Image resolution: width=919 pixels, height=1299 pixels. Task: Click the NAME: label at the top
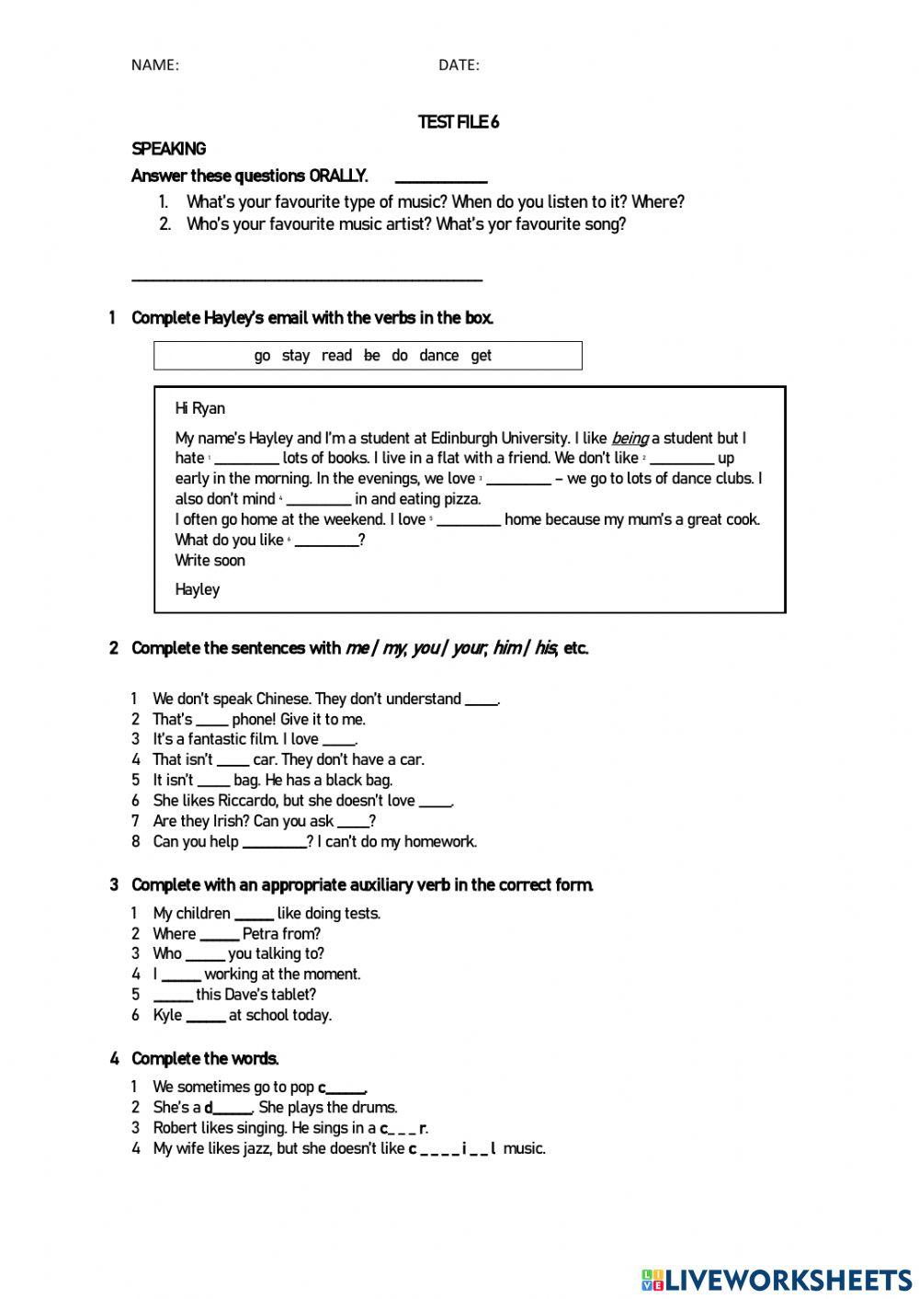click(x=154, y=64)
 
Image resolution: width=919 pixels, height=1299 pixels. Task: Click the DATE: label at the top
click(x=459, y=64)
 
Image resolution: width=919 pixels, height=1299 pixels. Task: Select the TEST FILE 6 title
click(x=459, y=122)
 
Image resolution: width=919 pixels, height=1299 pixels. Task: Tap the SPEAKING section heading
click(x=168, y=149)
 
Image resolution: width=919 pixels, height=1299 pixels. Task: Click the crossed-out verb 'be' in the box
click(x=371, y=356)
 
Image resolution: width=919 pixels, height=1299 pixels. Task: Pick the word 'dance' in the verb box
click(x=438, y=356)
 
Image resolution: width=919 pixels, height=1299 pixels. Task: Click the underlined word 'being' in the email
click(x=630, y=439)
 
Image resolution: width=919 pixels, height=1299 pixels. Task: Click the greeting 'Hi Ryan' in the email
click(x=199, y=408)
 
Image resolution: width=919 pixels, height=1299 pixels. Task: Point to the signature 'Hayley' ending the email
click(x=198, y=589)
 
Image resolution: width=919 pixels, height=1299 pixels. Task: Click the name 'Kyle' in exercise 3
click(x=167, y=1015)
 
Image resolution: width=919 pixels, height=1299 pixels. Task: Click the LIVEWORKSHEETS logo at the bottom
click(x=777, y=1279)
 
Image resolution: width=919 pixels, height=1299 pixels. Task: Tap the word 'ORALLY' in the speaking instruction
click(x=337, y=176)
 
